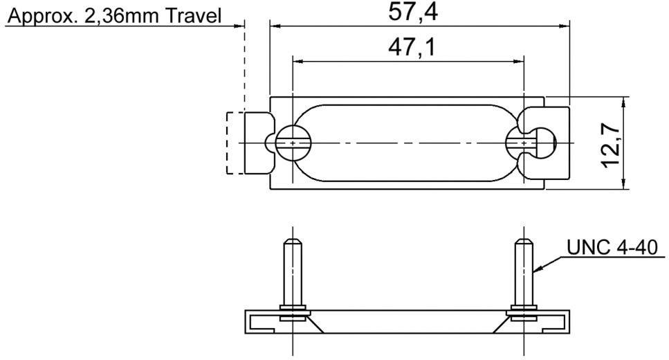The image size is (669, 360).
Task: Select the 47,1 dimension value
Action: [x=407, y=47]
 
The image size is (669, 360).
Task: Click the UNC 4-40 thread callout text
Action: [x=610, y=246]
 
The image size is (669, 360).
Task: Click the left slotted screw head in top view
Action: [x=293, y=143]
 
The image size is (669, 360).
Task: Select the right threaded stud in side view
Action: [x=523, y=270]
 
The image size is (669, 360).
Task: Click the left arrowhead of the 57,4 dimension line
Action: [x=275, y=26]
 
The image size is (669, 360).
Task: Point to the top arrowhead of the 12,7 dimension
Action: [x=623, y=101]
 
